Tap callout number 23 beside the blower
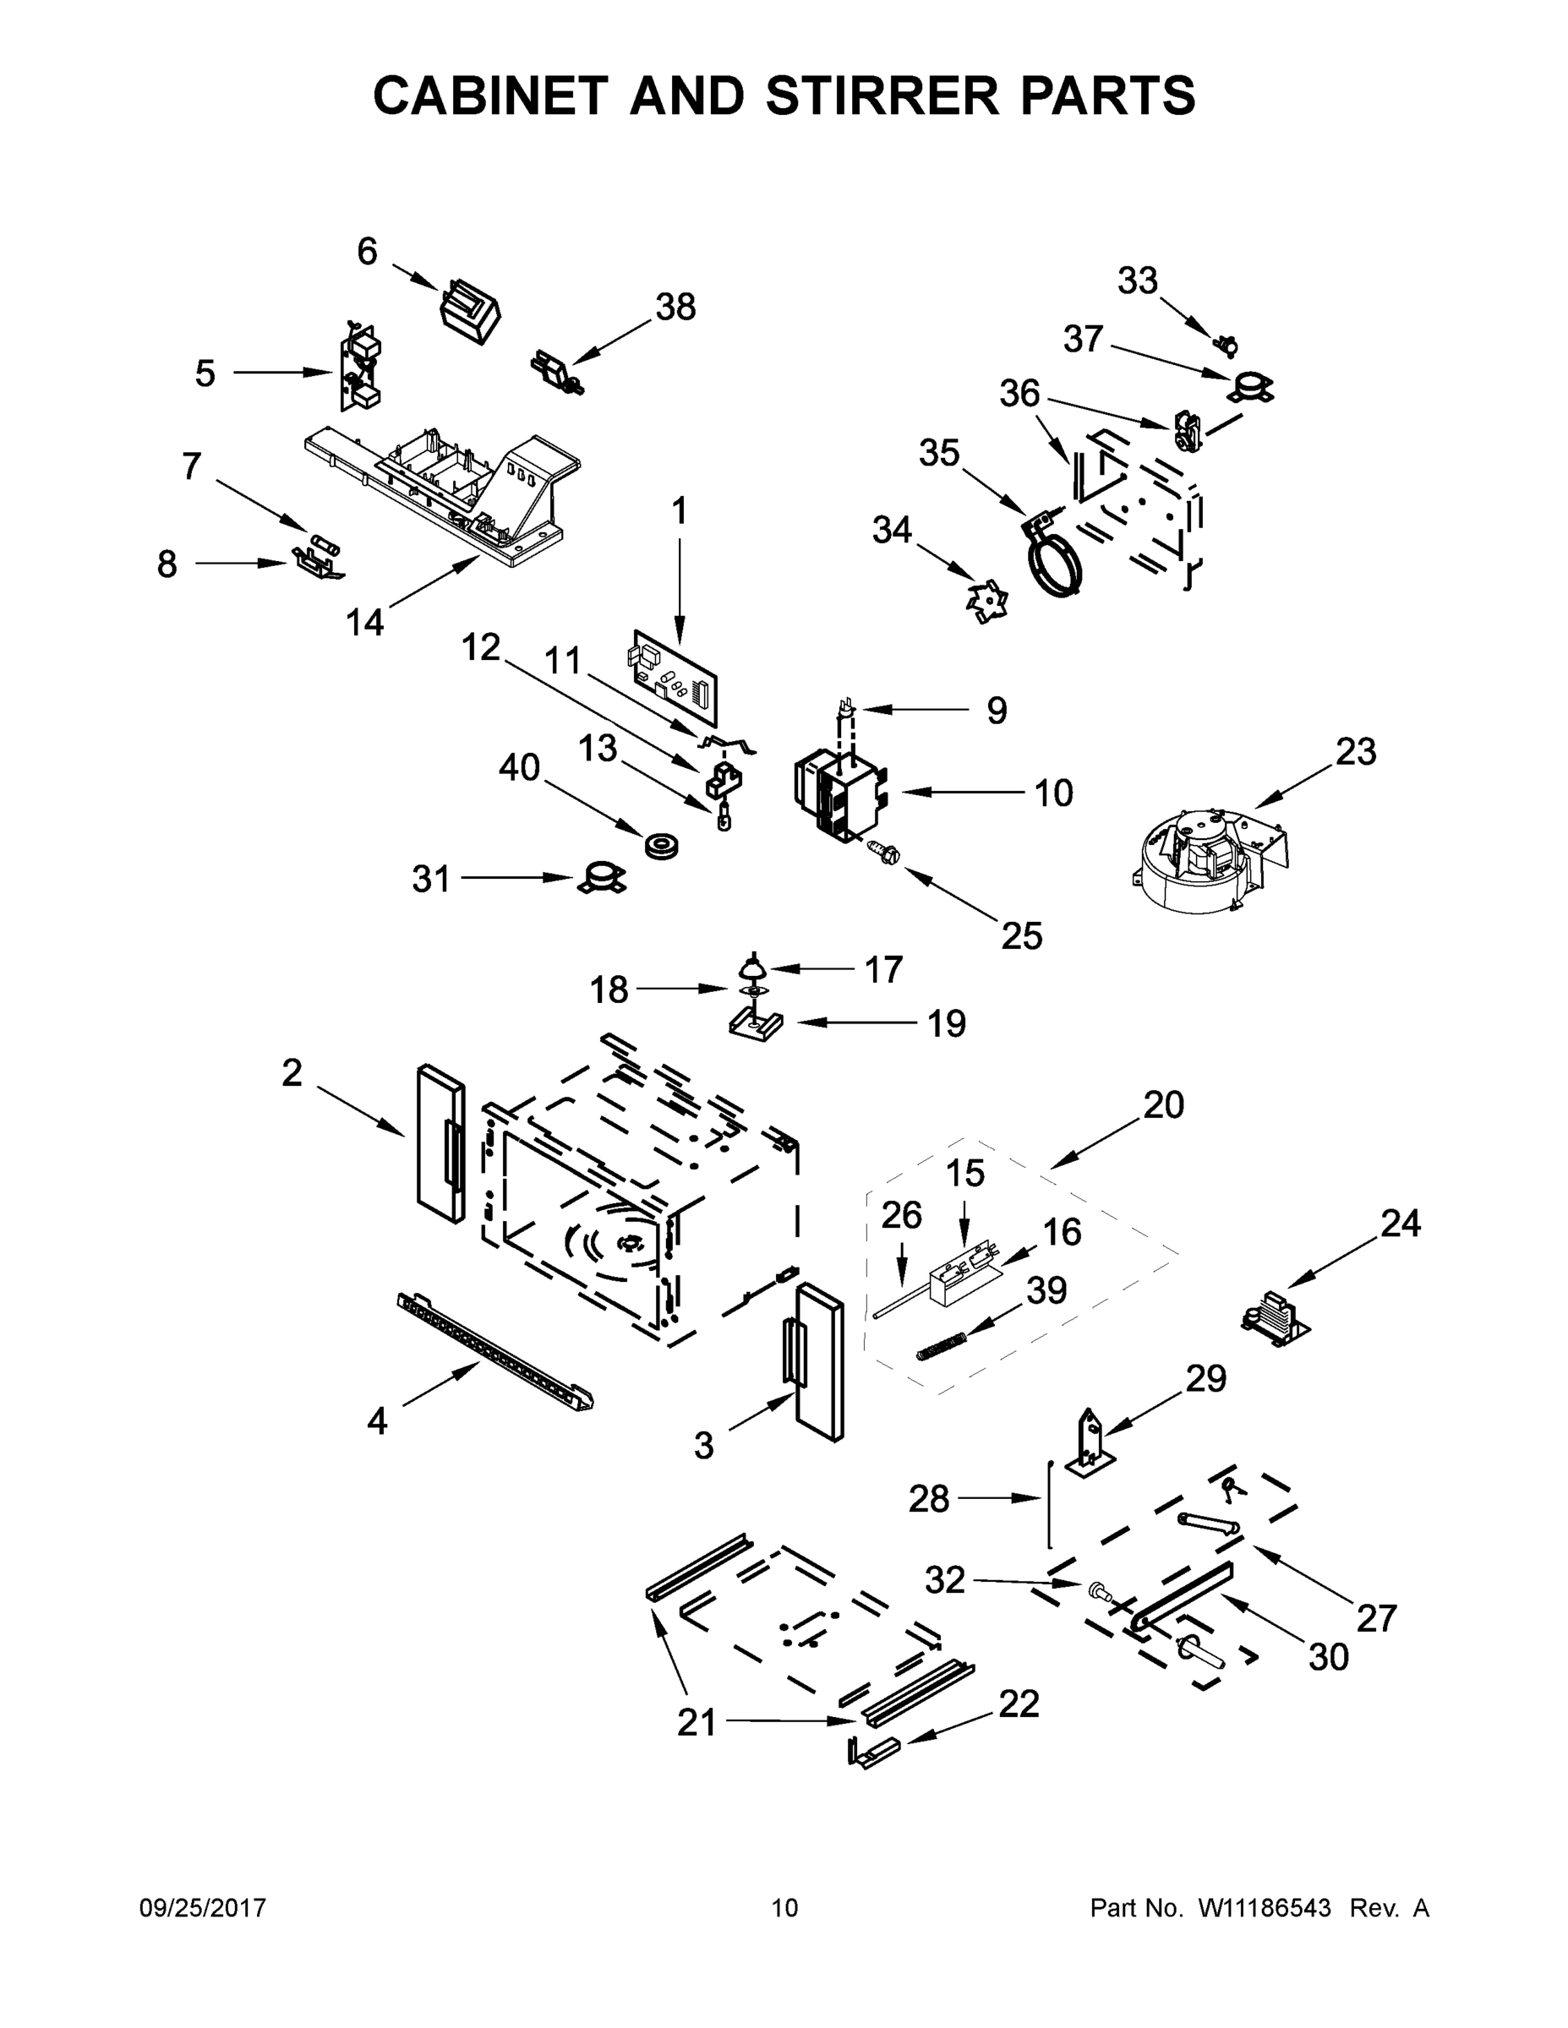coord(1355,751)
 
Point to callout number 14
coord(364,622)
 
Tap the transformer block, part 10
coord(839,795)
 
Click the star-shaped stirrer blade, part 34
coord(986,602)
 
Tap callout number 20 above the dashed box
coord(1163,1104)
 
